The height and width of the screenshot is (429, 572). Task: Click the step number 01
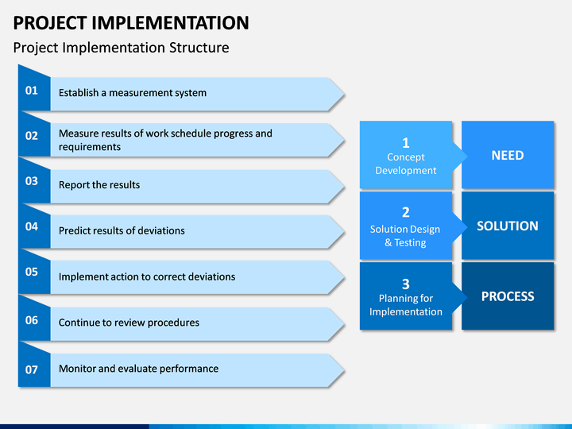(31, 91)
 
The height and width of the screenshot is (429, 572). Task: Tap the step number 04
(31, 226)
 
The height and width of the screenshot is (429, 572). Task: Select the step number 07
(31, 370)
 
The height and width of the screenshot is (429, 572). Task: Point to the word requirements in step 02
(89, 147)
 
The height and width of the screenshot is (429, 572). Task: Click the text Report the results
(99, 185)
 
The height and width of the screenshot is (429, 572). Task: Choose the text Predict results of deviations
(122, 230)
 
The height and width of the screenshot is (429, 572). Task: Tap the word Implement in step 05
(81, 277)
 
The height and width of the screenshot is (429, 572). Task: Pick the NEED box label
(508, 156)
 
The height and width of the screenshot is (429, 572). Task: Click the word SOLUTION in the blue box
(508, 226)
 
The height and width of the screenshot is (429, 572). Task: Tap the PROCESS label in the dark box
(508, 296)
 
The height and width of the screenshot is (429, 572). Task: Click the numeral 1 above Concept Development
(406, 143)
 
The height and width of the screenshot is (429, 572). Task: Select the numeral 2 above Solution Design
(406, 212)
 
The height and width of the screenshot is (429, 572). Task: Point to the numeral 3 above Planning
(406, 284)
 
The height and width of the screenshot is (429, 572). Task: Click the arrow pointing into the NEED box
(460, 157)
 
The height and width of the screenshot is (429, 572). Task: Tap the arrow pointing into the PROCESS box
(460, 297)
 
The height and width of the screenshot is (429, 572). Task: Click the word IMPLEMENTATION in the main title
(170, 23)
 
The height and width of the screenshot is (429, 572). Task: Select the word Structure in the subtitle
(199, 48)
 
